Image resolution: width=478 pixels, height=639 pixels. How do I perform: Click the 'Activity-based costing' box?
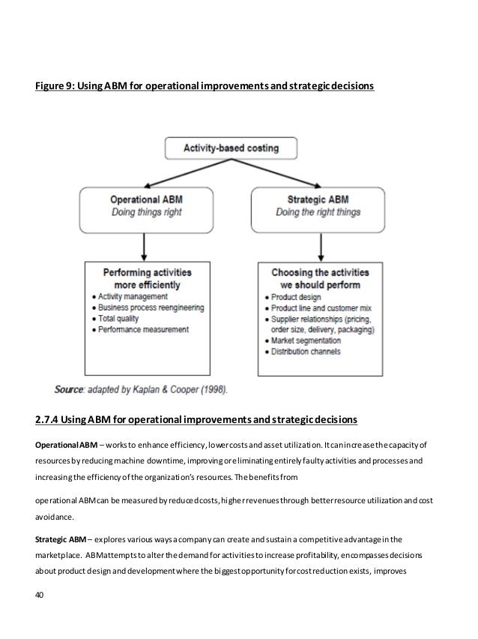tap(231, 148)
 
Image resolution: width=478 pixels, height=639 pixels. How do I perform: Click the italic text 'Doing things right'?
tap(146, 213)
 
